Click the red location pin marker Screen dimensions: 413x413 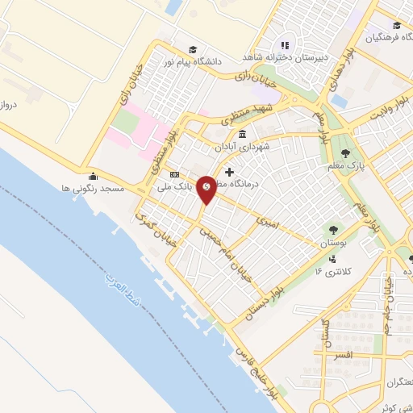206,189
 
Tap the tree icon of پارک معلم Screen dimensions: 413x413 346,152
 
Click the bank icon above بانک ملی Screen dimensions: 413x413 173,175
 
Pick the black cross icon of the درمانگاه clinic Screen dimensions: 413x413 230,172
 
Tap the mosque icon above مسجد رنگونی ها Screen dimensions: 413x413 93,176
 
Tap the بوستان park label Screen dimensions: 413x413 332,242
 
